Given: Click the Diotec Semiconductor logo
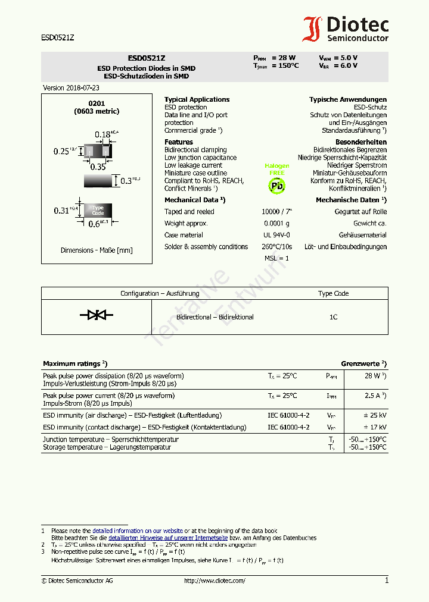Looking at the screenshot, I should click(346, 29).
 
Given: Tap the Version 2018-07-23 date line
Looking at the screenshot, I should click(71, 87).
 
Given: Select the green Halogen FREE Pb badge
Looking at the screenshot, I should click(277, 179).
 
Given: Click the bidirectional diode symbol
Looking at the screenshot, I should click(97, 315).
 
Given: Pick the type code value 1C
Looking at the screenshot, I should click(333, 317).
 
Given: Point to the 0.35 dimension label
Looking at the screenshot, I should click(98, 167).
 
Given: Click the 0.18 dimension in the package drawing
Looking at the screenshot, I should click(104, 134).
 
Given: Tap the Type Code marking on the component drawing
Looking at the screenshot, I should click(98, 211).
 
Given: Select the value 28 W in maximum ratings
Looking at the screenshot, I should click(374, 376).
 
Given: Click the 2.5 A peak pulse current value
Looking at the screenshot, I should click(374, 396).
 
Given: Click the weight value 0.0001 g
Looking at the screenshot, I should click(276, 223).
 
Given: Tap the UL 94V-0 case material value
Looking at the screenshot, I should click(276, 235).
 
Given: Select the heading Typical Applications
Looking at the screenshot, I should click(197, 99).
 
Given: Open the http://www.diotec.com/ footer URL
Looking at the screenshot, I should click(214, 581).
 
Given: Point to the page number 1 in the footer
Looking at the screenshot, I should click(386, 581).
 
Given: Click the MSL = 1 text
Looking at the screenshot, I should click(276, 258).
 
